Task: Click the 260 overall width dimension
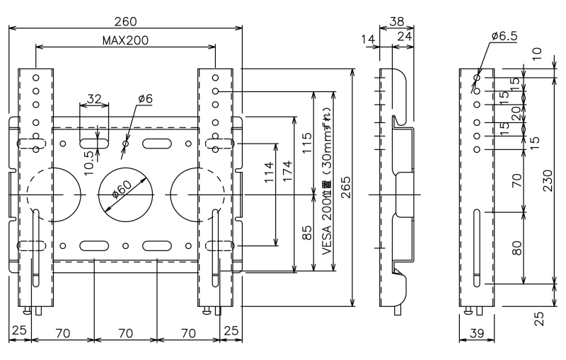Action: [126, 22]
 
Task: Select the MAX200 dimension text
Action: [126, 40]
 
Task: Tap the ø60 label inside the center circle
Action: [122, 190]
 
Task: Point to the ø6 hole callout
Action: [146, 98]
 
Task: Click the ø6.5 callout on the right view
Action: [504, 35]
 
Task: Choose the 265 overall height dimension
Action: [346, 187]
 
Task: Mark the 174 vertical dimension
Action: [288, 171]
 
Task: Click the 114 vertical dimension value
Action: [269, 173]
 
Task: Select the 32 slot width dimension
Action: [94, 98]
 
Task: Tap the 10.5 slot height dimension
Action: [90, 163]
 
